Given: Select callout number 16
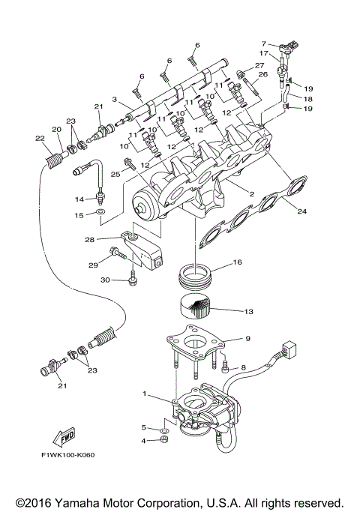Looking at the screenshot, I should [238, 263].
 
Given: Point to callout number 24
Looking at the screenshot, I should [301, 211].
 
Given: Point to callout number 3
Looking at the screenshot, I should [114, 99].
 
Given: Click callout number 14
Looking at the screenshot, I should [78, 199].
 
